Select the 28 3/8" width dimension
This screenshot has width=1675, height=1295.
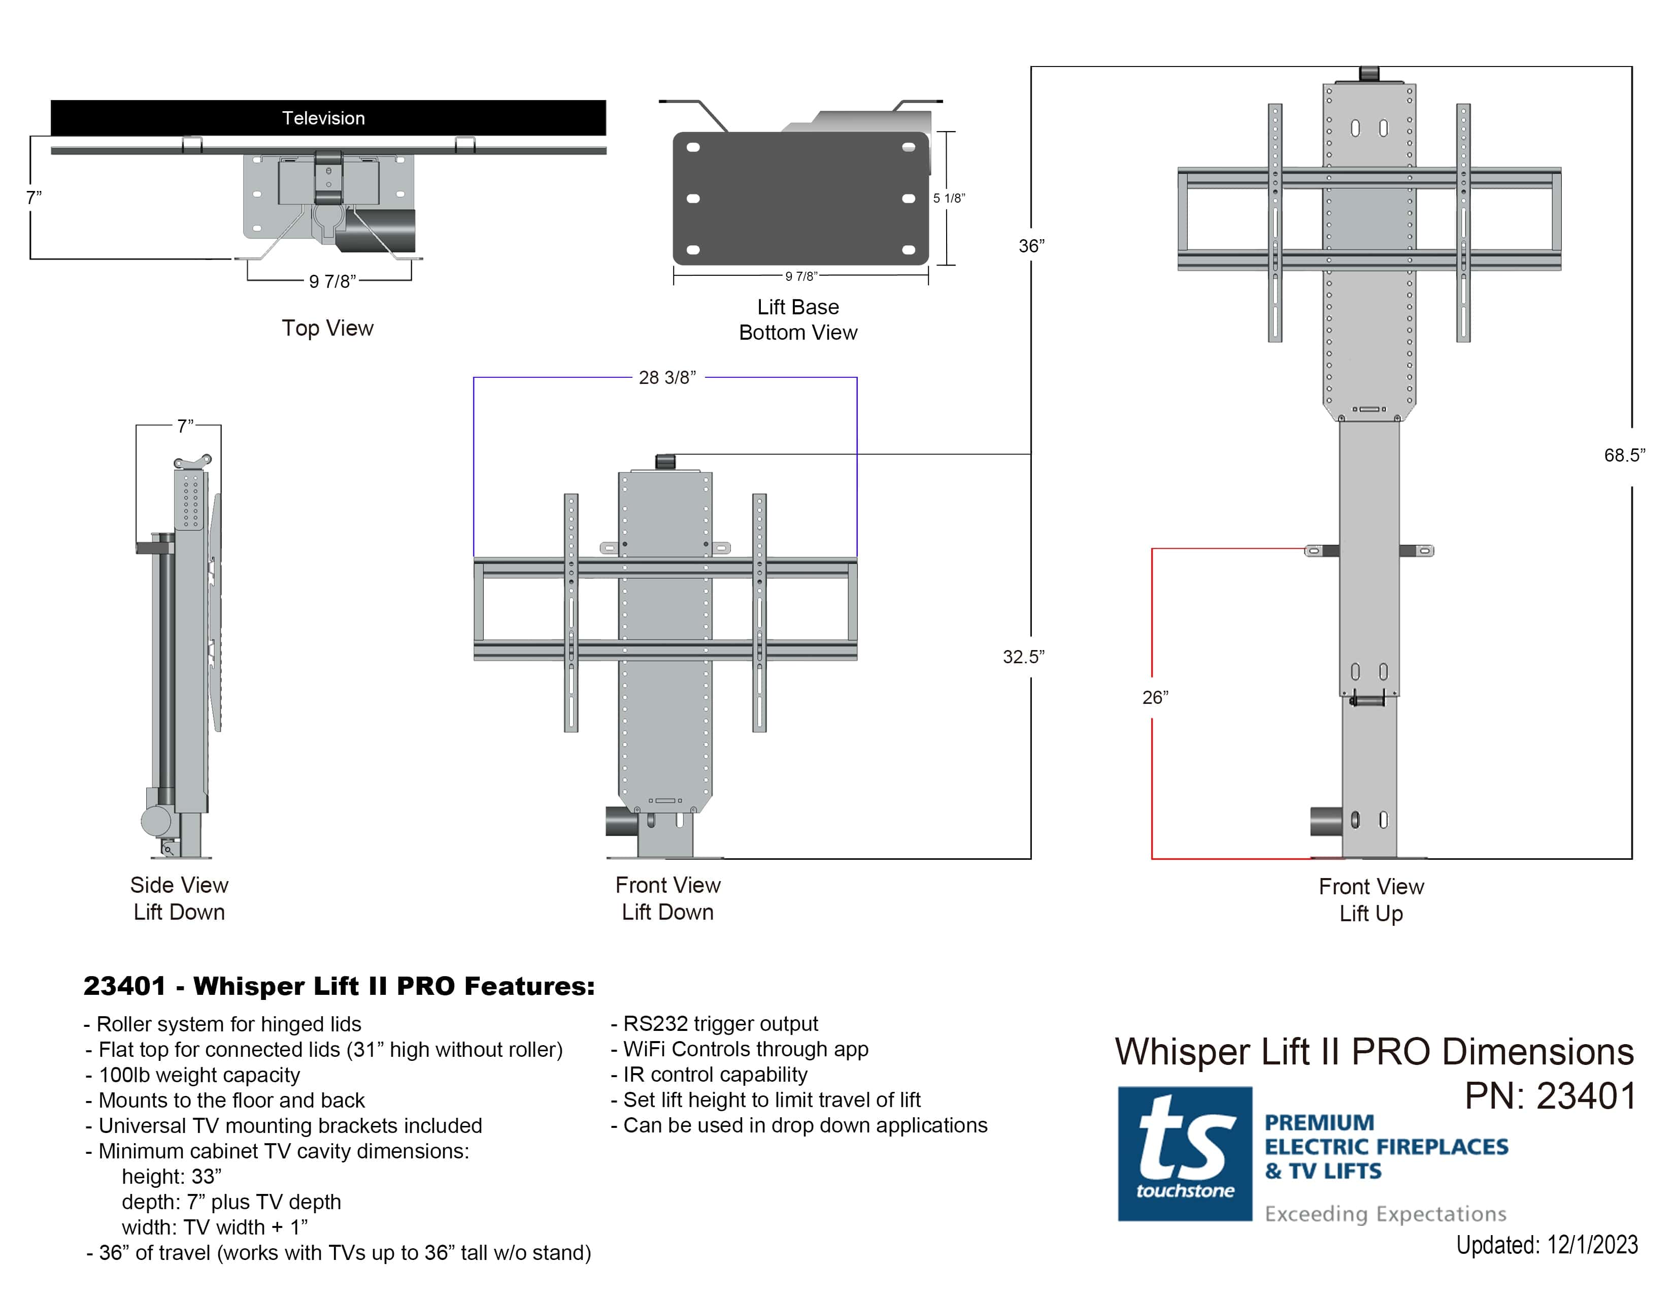(x=666, y=377)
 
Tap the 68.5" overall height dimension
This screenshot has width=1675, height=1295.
(x=1624, y=455)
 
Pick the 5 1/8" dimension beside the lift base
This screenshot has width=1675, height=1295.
(x=949, y=198)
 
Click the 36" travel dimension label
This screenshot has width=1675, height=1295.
(x=1031, y=246)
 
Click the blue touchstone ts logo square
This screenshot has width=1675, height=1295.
(x=1184, y=1153)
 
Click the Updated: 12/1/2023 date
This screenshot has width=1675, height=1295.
(x=1546, y=1244)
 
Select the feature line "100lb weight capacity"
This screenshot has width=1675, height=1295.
(x=198, y=1075)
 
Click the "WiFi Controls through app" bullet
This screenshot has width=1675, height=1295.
(x=745, y=1049)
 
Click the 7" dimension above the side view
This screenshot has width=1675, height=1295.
(x=185, y=426)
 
